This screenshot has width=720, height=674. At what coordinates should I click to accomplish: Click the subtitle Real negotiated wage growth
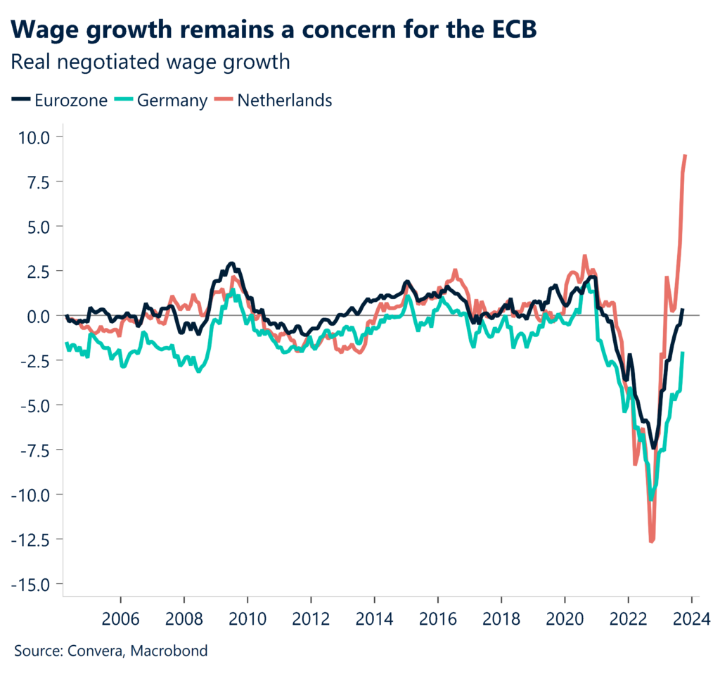click(150, 63)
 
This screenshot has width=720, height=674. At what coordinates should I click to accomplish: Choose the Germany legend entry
click(164, 101)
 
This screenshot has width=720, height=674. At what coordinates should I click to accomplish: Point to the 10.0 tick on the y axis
click(36, 136)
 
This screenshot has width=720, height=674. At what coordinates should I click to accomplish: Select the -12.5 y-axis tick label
click(32, 540)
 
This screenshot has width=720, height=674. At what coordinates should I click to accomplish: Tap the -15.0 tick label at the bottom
click(32, 584)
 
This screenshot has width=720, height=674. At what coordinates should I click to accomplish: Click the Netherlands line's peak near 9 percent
click(685, 155)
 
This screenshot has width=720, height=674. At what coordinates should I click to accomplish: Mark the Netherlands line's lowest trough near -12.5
click(651, 541)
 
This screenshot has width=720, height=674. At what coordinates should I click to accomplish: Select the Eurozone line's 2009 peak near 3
click(231, 264)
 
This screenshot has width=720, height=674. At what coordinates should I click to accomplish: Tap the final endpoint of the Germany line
click(683, 353)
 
